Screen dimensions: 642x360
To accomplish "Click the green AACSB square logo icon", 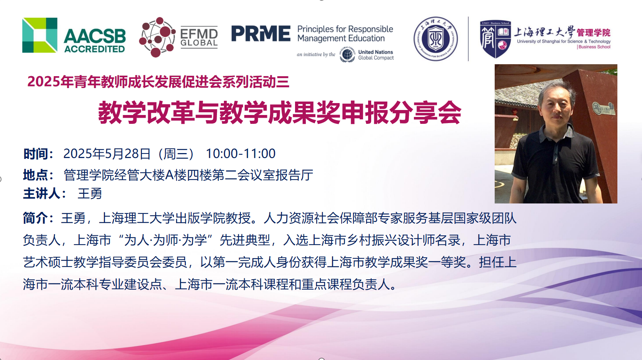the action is pyautogui.click(x=40, y=35).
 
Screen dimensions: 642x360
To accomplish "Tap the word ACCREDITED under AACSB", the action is pyautogui.click(x=95, y=49).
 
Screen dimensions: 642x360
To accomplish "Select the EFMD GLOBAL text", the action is pyautogui.click(x=199, y=38).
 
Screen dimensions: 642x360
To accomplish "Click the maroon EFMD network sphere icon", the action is pyautogui.click(x=157, y=37).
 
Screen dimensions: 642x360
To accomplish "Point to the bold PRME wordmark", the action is pyautogui.click(x=261, y=33).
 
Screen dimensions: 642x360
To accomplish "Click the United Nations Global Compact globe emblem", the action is pyautogui.click(x=347, y=54).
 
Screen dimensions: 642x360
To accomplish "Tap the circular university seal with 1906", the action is pyautogui.click(x=436, y=39).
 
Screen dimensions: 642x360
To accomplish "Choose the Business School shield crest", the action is pyautogui.click(x=495, y=39).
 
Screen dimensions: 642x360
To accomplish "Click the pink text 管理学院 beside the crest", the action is pyautogui.click(x=593, y=33).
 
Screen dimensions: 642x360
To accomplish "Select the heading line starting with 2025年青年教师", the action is pyautogui.click(x=158, y=82).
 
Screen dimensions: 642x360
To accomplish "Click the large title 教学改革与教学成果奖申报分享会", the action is pyautogui.click(x=279, y=112).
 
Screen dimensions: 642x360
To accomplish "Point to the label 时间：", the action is pyautogui.click(x=38, y=154).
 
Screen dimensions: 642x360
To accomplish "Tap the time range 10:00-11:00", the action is pyautogui.click(x=241, y=153).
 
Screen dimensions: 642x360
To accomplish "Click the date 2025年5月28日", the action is pyautogui.click(x=107, y=153).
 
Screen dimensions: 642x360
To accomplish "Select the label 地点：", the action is pyautogui.click(x=38, y=175).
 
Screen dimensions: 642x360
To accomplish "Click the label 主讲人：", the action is pyautogui.click(x=45, y=194).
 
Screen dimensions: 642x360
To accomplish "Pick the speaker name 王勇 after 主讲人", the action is pyautogui.click(x=90, y=194).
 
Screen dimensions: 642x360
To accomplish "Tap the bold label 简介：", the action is pyautogui.click(x=38, y=218).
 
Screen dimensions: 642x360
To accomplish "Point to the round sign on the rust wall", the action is pyautogui.click(x=597, y=108).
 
